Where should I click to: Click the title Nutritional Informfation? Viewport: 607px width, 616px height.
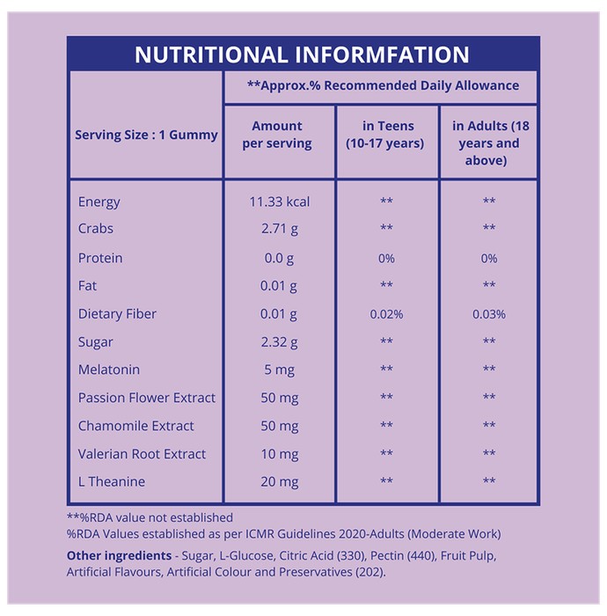302,55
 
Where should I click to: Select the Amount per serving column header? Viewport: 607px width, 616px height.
277,135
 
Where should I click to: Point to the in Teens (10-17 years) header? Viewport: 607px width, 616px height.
385,135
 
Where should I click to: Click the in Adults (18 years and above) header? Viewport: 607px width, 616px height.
490,143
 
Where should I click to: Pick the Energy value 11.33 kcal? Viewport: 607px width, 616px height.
280,202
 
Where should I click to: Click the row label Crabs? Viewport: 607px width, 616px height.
96,228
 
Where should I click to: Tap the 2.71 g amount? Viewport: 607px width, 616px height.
280,229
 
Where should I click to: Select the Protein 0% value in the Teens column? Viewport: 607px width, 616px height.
386,258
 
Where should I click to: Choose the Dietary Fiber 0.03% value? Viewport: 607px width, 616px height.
489,314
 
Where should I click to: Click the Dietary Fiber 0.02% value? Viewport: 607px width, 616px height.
386,314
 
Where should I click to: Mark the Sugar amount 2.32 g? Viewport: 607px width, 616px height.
280,342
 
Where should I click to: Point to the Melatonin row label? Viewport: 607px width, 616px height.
109,370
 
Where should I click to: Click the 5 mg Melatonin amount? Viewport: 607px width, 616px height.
280,370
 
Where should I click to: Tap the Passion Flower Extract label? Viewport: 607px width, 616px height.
147,398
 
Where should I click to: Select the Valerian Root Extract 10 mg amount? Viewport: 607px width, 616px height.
280,455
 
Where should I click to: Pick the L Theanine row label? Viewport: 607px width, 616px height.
112,481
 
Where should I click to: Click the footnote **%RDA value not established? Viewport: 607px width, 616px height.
150,517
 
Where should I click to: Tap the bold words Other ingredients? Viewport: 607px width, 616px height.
119,555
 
